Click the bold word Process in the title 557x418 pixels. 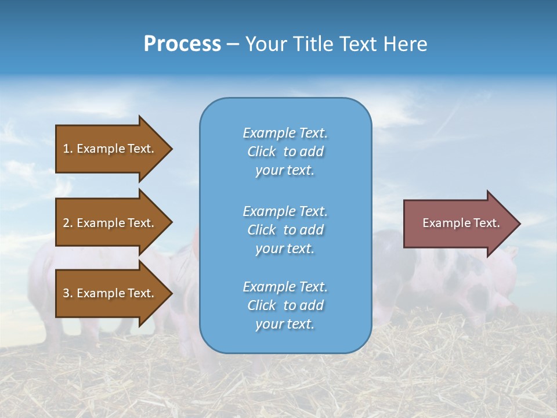click(x=182, y=44)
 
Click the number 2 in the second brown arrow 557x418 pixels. click(x=66, y=223)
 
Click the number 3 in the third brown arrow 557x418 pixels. click(x=66, y=293)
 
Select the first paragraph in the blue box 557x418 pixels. click(x=285, y=152)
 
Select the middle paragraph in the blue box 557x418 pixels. click(x=285, y=230)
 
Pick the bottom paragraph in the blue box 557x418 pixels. click(x=285, y=305)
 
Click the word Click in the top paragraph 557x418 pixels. click(x=261, y=152)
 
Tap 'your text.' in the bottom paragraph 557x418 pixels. click(x=285, y=325)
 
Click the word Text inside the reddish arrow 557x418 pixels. click(x=486, y=223)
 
